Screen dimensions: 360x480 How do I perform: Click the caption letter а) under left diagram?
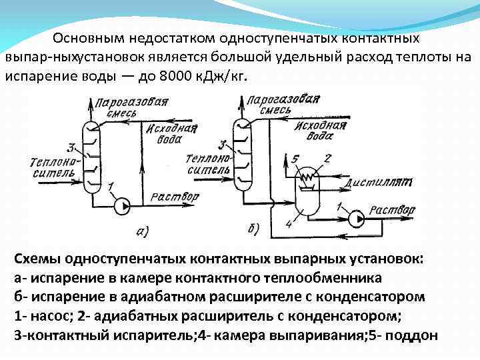[x=142, y=231]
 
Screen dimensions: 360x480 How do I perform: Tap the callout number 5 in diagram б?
[x=287, y=159]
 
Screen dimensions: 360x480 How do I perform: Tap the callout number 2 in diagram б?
[x=327, y=157]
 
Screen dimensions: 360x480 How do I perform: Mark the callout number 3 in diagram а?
[x=71, y=147]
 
